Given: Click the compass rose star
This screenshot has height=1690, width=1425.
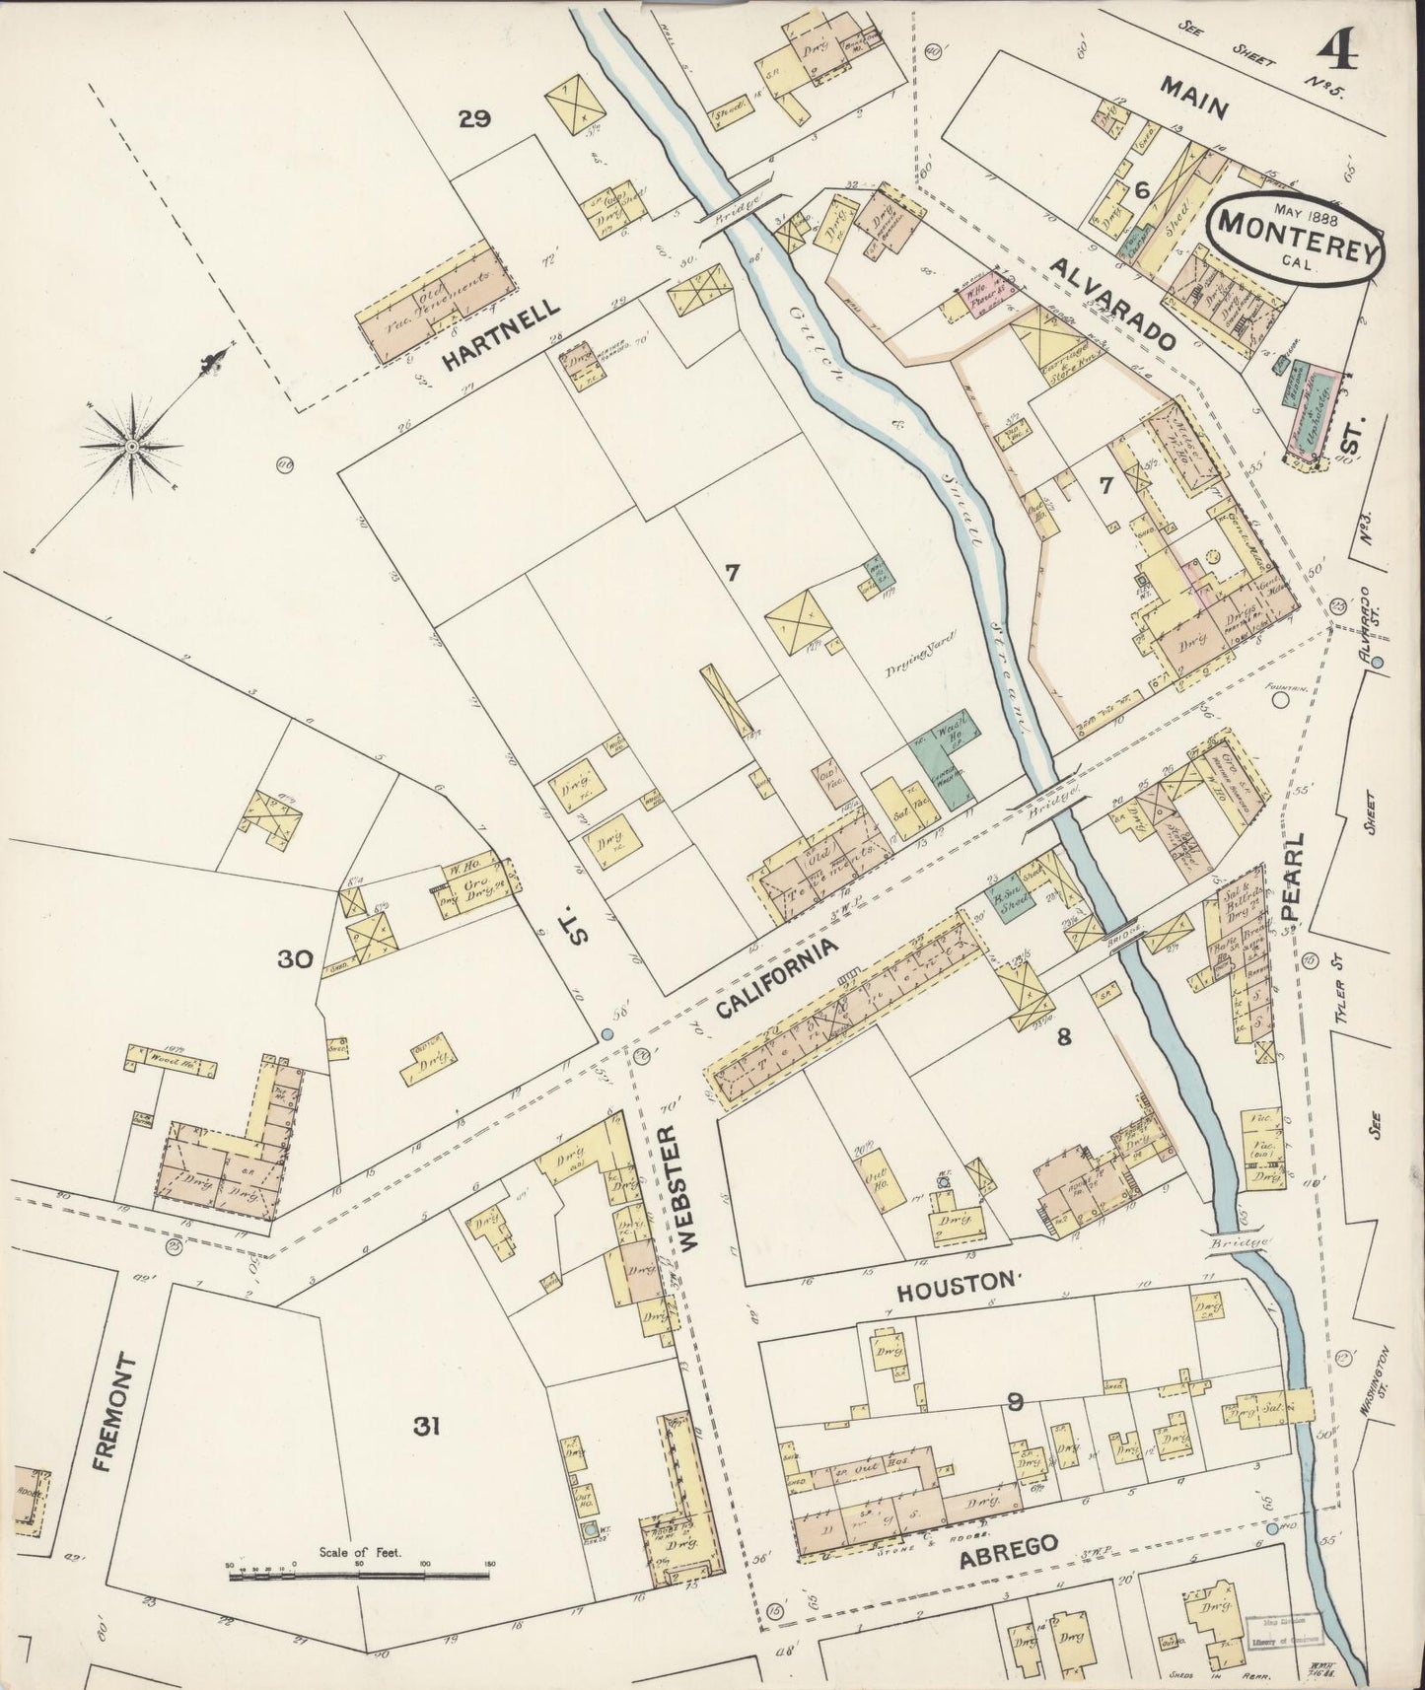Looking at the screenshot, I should (132, 447).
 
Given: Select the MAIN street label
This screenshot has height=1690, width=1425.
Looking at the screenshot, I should (1192, 98).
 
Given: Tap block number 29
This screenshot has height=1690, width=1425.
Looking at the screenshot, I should (474, 119).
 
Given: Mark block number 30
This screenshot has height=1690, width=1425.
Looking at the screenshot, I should (295, 958).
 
